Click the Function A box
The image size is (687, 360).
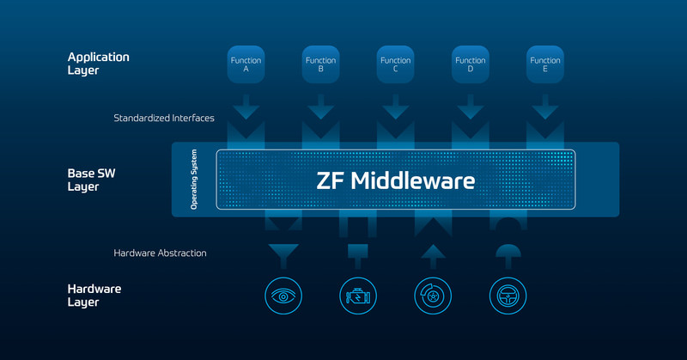coord(246,64)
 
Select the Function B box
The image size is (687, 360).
coord(320,64)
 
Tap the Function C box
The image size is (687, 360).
coord(396,64)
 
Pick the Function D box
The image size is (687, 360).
coord(471,64)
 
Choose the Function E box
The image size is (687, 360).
coord(545,64)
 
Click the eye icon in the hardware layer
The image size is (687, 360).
coord(283,296)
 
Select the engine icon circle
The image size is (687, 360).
coord(358,296)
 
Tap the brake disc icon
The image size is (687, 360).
coord(433,296)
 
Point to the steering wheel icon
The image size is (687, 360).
coord(508,296)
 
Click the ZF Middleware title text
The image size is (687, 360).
coord(396,180)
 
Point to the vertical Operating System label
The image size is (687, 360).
coord(194,180)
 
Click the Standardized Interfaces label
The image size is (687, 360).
coord(164,118)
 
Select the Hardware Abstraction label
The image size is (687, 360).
coord(160,253)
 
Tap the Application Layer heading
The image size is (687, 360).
coord(98,64)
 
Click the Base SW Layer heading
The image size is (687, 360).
coord(91,180)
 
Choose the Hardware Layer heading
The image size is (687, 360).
coord(94,296)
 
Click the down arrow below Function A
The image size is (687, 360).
coord(246,107)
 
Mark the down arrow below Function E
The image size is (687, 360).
coord(545,107)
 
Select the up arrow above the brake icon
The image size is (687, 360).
coord(433,257)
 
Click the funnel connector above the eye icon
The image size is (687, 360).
coord(283,256)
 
